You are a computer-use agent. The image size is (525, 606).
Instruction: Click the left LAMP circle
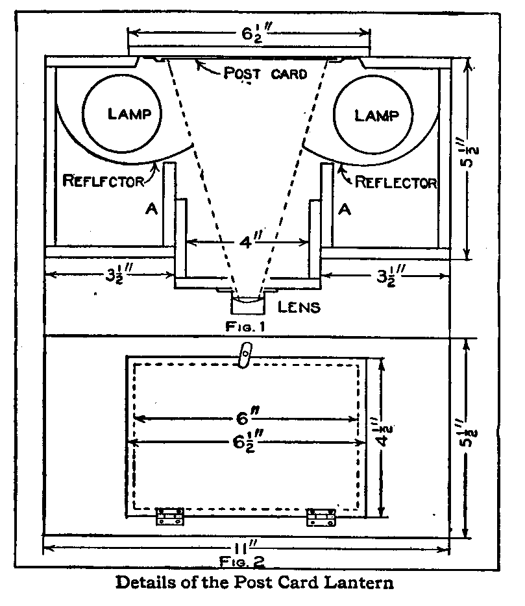(130, 114)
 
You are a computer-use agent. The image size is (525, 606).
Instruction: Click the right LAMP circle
(376, 114)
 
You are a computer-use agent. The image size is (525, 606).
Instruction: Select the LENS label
(298, 306)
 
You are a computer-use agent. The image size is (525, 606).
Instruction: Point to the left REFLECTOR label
(103, 181)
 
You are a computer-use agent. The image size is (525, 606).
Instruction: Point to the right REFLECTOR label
(396, 182)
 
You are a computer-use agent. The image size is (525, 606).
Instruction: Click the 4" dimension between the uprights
(247, 243)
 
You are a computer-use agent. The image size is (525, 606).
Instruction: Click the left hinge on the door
(170, 516)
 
